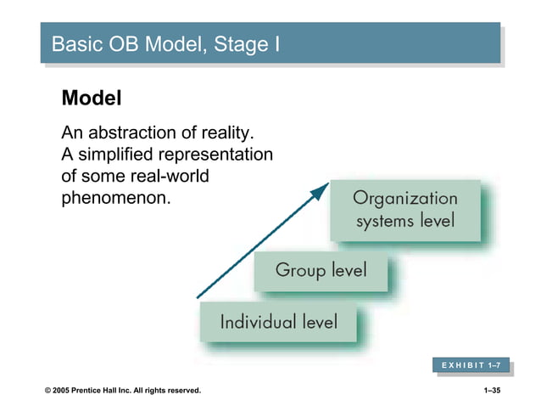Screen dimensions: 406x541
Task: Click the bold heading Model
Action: click(x=92, y=99)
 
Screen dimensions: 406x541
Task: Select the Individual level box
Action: click(x=278, y=322)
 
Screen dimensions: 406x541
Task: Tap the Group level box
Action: click(x=321, y=271)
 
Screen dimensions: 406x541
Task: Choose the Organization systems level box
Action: click(x=404, y=210)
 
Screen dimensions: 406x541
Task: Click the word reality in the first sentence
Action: click(x=224, y=134)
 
